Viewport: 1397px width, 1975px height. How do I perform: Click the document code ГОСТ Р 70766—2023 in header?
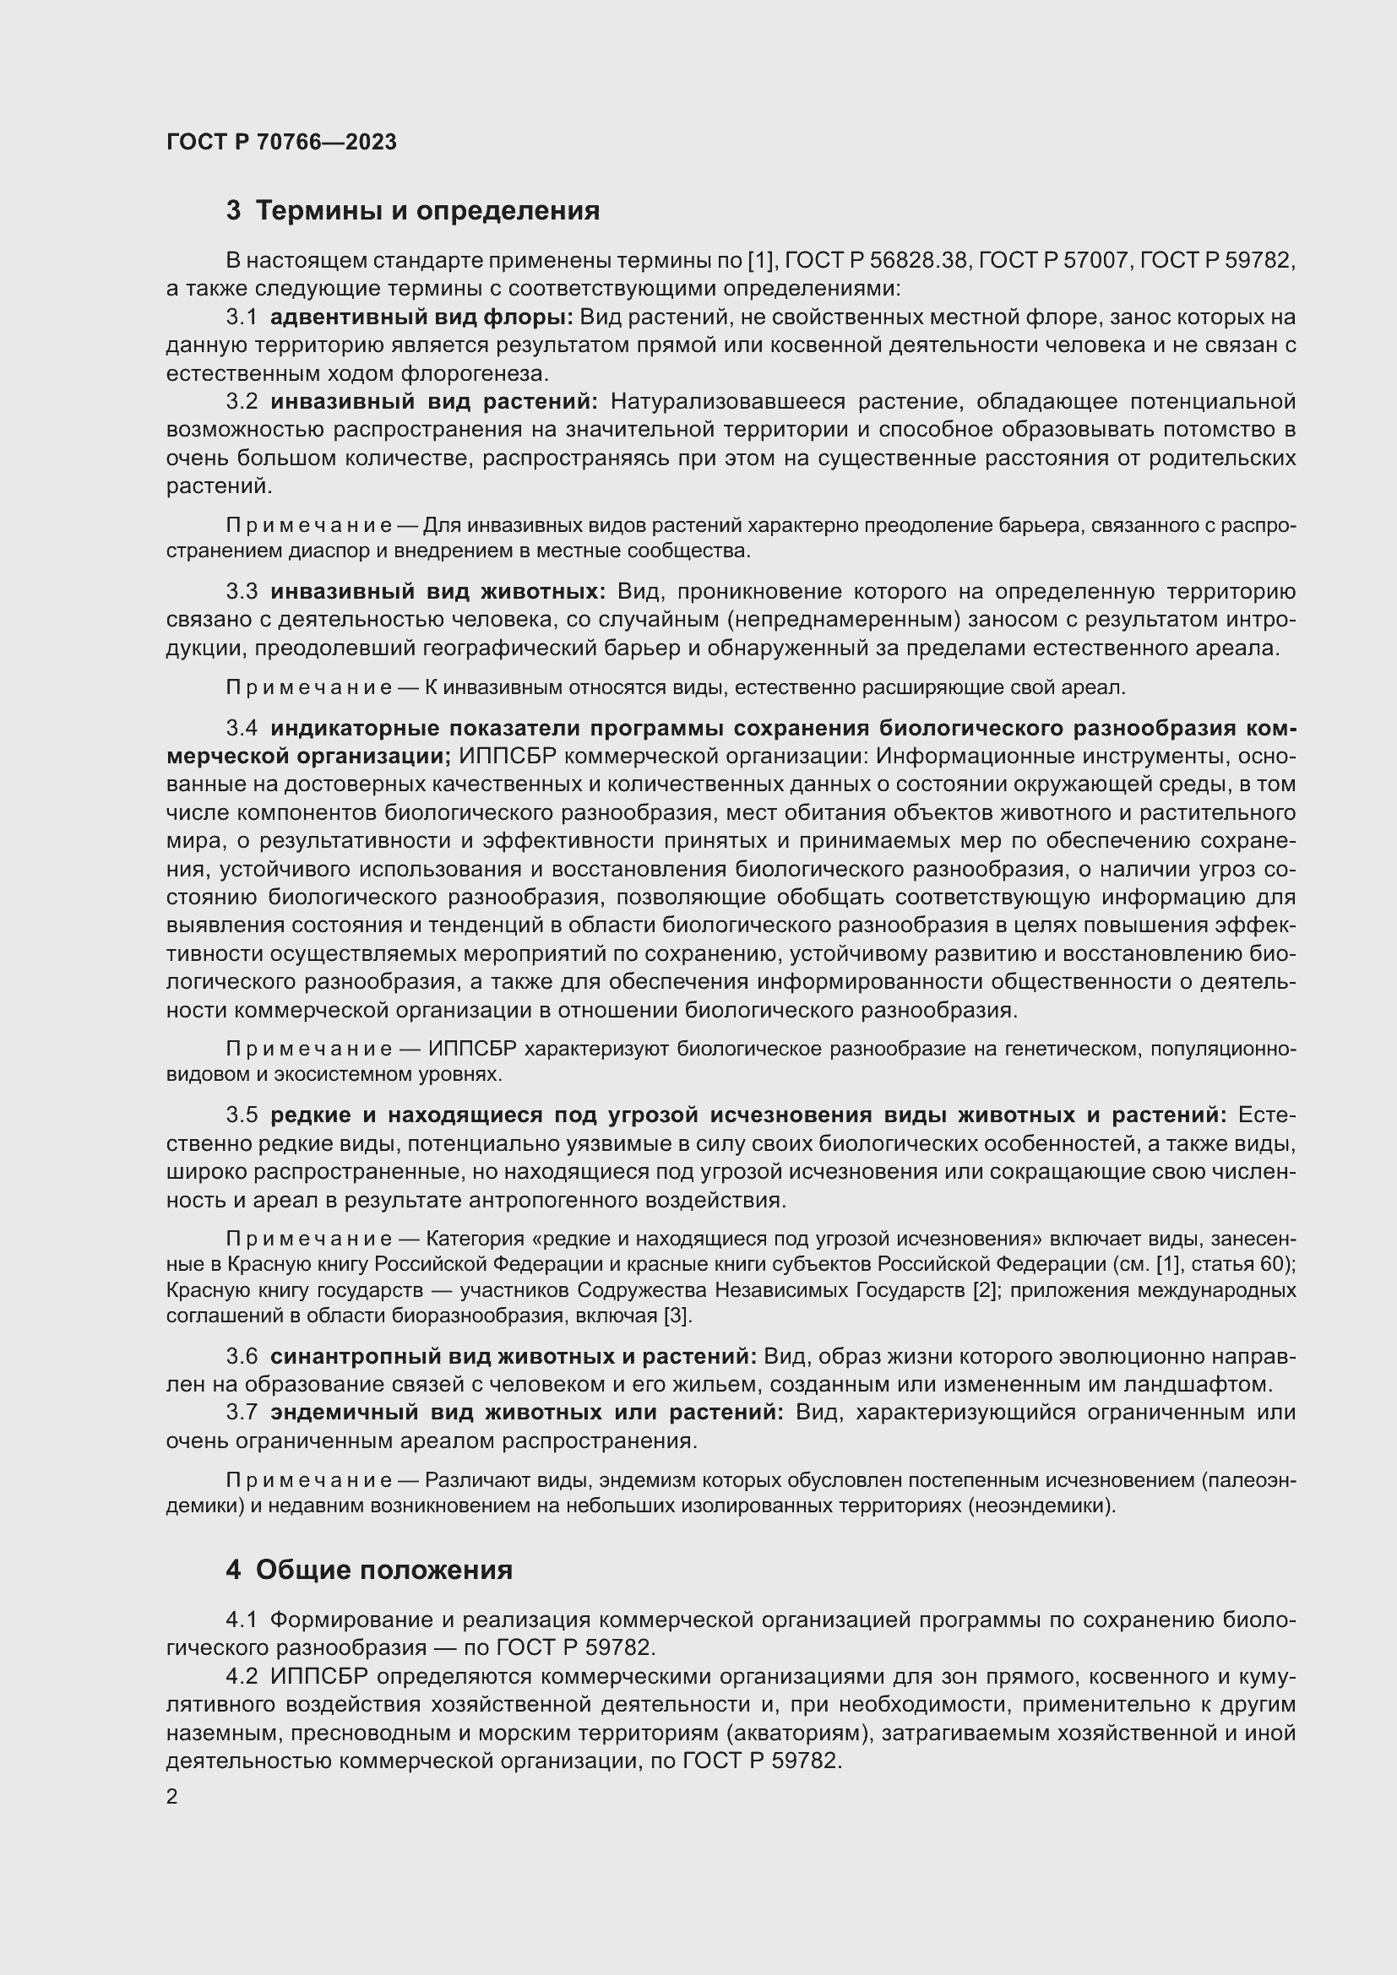(281, 142)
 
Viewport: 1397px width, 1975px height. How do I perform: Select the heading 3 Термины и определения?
(412, 211)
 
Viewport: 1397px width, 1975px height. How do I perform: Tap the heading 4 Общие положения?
(369, 1570)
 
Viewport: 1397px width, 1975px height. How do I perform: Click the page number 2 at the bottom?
(172, 1796)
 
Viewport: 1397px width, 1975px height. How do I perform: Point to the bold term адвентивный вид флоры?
(421, 317)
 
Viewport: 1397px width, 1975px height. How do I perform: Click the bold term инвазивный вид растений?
(434, 402)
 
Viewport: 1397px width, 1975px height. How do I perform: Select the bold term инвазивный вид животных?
(438, 592)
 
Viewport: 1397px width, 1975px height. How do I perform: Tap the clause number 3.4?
(242, 729)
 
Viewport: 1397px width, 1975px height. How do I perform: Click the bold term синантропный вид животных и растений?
(513, 1357)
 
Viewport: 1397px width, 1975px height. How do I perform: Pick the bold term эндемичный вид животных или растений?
(526, 1413)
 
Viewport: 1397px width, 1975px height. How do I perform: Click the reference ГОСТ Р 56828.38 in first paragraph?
(877, 261)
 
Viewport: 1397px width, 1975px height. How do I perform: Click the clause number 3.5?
(242, 1115)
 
